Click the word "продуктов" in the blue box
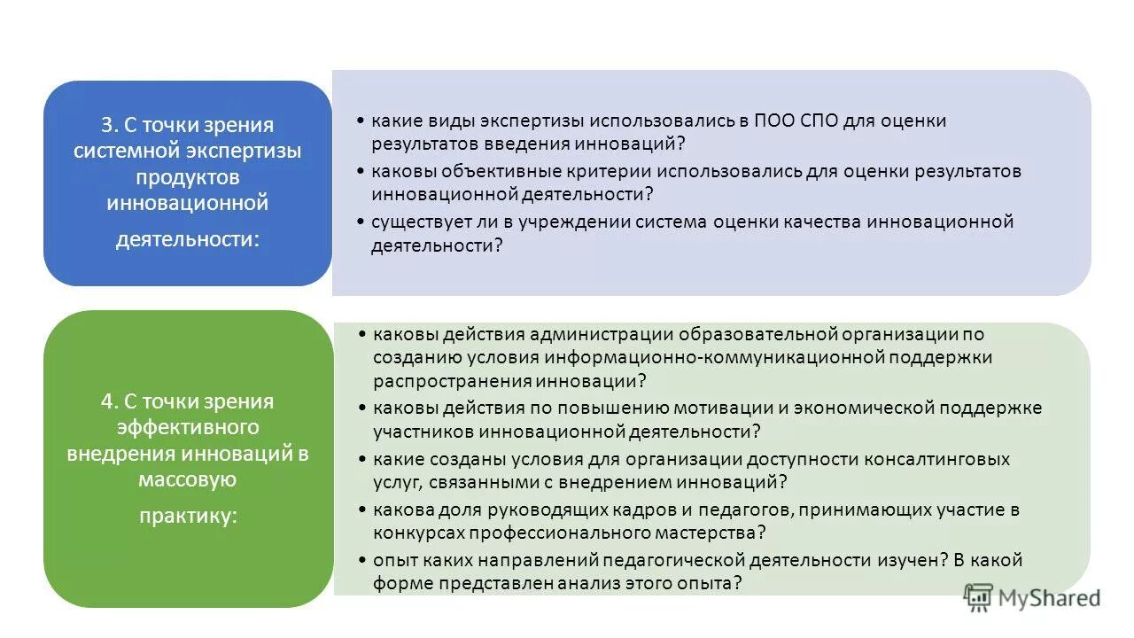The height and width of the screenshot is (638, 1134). (x=187, y=177)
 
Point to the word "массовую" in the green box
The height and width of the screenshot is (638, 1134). (x=187, y=480)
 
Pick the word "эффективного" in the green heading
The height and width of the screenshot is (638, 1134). (x=188, y=428)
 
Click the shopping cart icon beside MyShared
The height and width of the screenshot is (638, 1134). (x=978, y=597)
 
